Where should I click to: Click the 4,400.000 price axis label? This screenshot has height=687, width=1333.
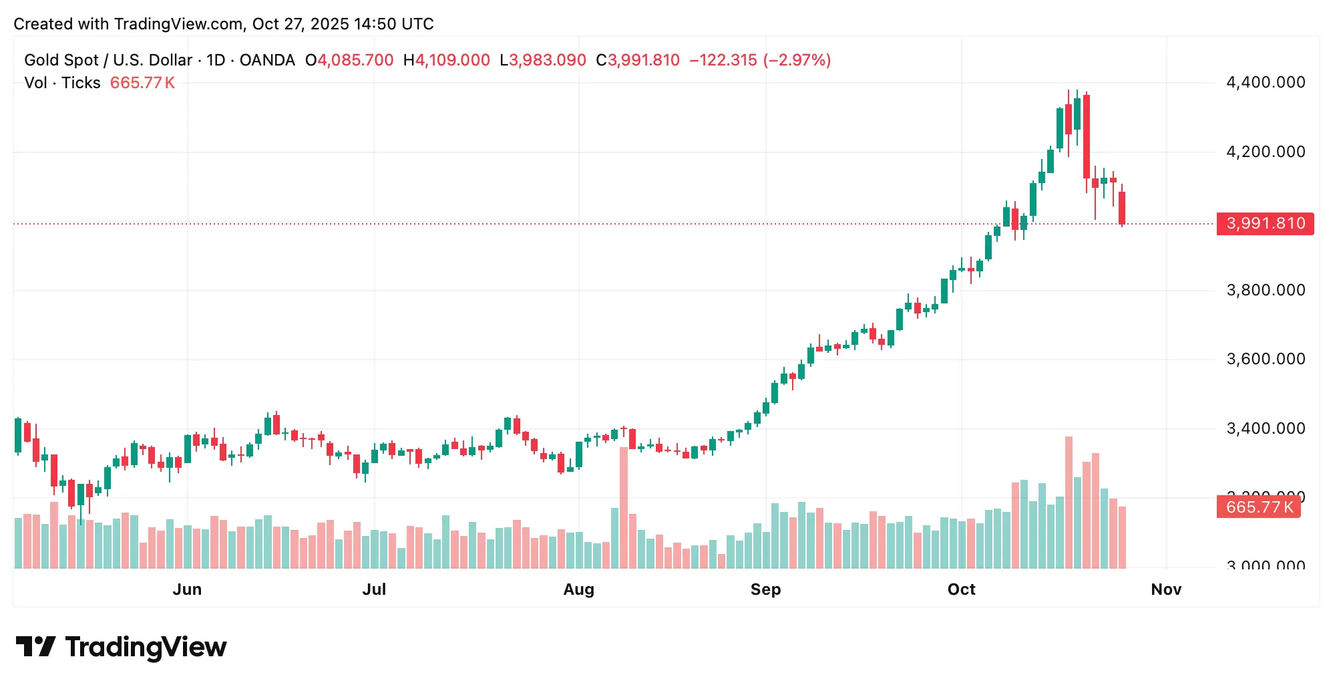[1265, 82]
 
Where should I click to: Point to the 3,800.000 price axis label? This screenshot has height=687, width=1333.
[1265, 290]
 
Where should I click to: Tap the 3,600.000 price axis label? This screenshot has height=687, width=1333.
[1265, 359]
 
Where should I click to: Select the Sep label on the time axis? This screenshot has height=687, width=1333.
[765, 589]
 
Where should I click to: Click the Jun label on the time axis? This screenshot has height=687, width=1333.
[187, 589]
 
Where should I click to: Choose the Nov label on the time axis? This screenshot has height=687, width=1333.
[1166, 589]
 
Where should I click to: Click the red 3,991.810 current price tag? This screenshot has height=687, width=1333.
[1265, 223]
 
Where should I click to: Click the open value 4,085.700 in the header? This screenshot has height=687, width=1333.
[355, 60]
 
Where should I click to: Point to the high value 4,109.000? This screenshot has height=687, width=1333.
[453, 60]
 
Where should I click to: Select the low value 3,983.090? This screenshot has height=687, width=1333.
[548, 60]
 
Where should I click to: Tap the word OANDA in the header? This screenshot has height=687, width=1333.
[267, 60]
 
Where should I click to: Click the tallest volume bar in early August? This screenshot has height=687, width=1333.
[624, 508]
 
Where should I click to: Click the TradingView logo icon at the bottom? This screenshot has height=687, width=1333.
[36, 647]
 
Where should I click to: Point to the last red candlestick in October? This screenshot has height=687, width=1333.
[1122, 208]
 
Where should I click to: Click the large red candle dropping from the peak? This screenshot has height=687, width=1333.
[1087, 136]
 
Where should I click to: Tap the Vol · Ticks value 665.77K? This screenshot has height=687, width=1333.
[142, 83]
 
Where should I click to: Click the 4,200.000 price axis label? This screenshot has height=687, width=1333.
[1265, 152]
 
